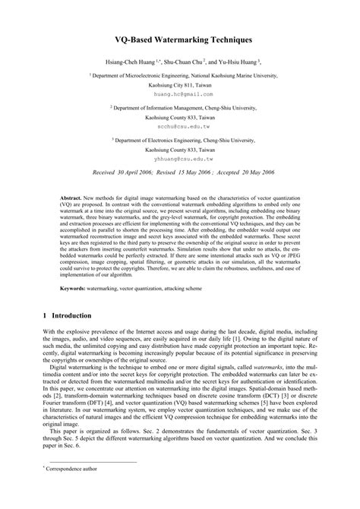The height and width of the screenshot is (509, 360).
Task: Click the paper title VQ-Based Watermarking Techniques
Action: [179, 36]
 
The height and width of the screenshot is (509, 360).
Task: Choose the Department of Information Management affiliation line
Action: [179, 109]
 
